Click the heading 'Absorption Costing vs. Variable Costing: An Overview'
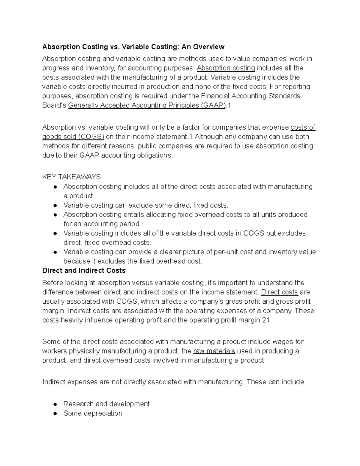click(x=133, y=47)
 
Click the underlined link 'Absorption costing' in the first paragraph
click(x=226, y=68)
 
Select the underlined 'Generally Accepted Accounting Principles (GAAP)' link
click(x=147, y=105)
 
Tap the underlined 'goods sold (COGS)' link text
click(x=73, y=137)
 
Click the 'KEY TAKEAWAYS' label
click(x=71, y=177)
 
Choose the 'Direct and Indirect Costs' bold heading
click(x=84, y=271)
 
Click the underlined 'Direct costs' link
click(x=280, y=292)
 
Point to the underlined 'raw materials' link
click(x=214, y=351)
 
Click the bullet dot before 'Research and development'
click(x=55, y=404)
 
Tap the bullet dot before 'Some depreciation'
click(x=55, y=413)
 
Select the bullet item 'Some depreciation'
click(x=93, y=413)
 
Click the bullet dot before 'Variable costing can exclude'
click(x=55, y=206)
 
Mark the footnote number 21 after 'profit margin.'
click(x=266, y=320)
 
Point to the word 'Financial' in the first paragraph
click(x=215, y=96)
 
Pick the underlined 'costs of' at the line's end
click(x=303, y=128)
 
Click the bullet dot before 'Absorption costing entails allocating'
click(x=55, y=215)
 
